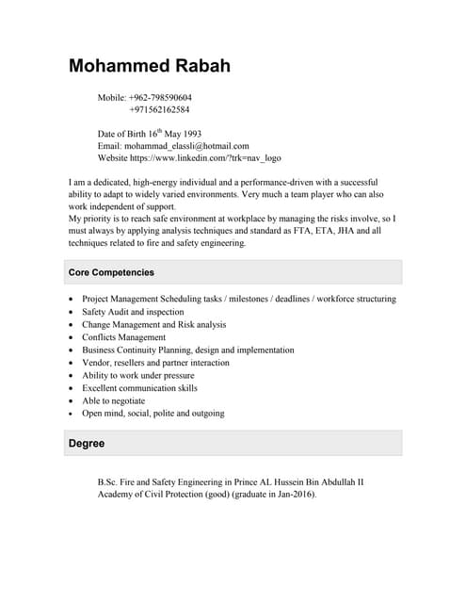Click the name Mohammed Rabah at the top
click(x=149, y=66)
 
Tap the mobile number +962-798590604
click(x=160, y=97)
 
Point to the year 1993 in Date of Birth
click(x=190, y=134)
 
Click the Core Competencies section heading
click(x=111, y=272)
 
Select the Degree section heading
click(x=87, y=443)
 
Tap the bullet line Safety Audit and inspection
click(x=133, y=312)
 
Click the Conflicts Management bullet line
click(x=123, y=337)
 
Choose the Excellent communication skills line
click(x=139, y=387)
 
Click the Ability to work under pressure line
click(x=137, y=375)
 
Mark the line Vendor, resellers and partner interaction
click(x=155, y=363)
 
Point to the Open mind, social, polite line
click(x=153, y=413)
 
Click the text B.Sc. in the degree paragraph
click(x=109, y=482)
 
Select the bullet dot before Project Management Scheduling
click(x=72, y=300)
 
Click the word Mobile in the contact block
click(x=111, y=97)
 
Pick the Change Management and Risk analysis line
click(x=153, y=325)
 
